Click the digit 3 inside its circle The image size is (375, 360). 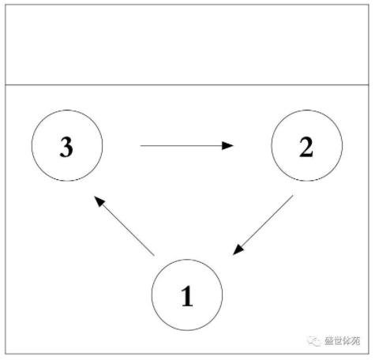tap(66, 147)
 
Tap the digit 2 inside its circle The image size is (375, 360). tap(306, 147)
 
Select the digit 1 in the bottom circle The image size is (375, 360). tap(187, 296)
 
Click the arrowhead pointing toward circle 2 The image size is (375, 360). tap(227, 145)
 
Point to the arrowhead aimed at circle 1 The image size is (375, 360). tap(238, 250)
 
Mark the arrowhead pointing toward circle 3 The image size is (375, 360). tap(99, 201)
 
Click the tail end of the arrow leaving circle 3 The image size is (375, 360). tap(141, 145)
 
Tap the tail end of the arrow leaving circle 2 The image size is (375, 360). tap(293, 196)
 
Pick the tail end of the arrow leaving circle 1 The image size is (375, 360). tap(154, 255)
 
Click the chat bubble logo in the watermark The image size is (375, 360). tap(314, 341)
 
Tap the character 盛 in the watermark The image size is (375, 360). tap(329, 341)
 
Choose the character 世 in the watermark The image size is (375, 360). tap(338, 341)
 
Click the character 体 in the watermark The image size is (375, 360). tap(347, 341)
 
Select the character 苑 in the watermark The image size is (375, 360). tap(356, 341)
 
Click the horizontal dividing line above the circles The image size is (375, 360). tap(187, 84)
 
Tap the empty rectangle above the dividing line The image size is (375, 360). tap(187, 45)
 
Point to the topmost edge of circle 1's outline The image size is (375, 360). tap(187, 260)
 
